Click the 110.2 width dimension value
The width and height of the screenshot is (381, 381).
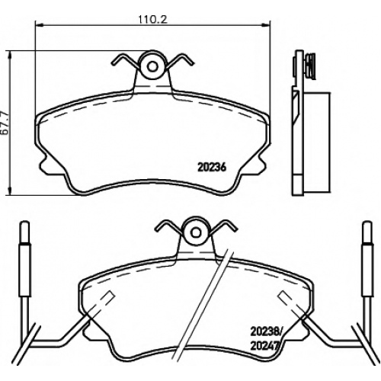point(152,20)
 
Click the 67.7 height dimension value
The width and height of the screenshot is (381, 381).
point(5,123)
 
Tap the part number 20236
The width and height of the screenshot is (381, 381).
point(212,168)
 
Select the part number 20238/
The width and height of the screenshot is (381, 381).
point(266,331)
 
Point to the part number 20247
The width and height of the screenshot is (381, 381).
point(264,346)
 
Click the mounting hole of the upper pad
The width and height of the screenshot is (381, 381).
point(152,66)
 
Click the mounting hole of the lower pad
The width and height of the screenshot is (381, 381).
point(196,232)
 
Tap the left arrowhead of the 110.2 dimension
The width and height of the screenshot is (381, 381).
point(39,24)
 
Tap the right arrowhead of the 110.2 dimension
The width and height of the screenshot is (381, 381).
point(266,24)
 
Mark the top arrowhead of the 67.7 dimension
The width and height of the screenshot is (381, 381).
point(10,55)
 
